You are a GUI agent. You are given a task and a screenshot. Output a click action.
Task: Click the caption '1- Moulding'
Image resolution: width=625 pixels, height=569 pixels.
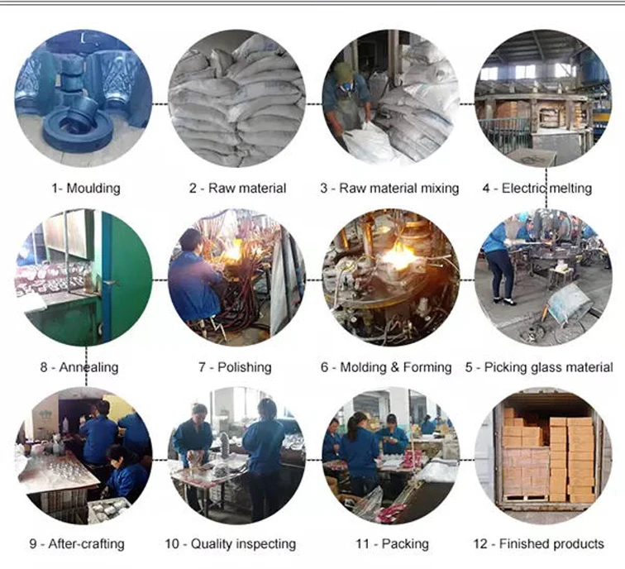tap(85, 188)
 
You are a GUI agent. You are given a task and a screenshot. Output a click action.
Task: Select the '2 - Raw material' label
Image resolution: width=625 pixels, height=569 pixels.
tap(237, 188)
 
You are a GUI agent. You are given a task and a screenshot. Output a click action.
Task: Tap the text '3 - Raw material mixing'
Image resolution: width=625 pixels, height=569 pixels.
tap(389, 188)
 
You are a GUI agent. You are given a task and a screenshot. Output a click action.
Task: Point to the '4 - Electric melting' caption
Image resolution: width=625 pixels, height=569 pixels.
tap(537, 188)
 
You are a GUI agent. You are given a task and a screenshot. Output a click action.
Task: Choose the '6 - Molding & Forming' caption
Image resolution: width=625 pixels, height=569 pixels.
tap(386, 366)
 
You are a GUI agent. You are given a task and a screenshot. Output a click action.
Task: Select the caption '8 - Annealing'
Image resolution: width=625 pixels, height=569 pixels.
tap(79, 366)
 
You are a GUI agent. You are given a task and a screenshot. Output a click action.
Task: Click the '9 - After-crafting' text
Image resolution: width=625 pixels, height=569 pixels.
tap(77, 543)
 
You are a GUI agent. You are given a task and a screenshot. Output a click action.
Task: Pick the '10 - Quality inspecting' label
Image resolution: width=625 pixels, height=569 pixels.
tap(230, 543)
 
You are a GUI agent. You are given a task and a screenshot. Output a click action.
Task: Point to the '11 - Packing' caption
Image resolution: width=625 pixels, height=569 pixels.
tap(392, 543)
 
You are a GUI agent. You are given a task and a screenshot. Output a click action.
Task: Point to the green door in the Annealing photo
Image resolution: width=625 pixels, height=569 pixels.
tap(124, 273)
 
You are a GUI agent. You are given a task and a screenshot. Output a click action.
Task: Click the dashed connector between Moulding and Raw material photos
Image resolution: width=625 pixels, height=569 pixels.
tap(160, 103)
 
